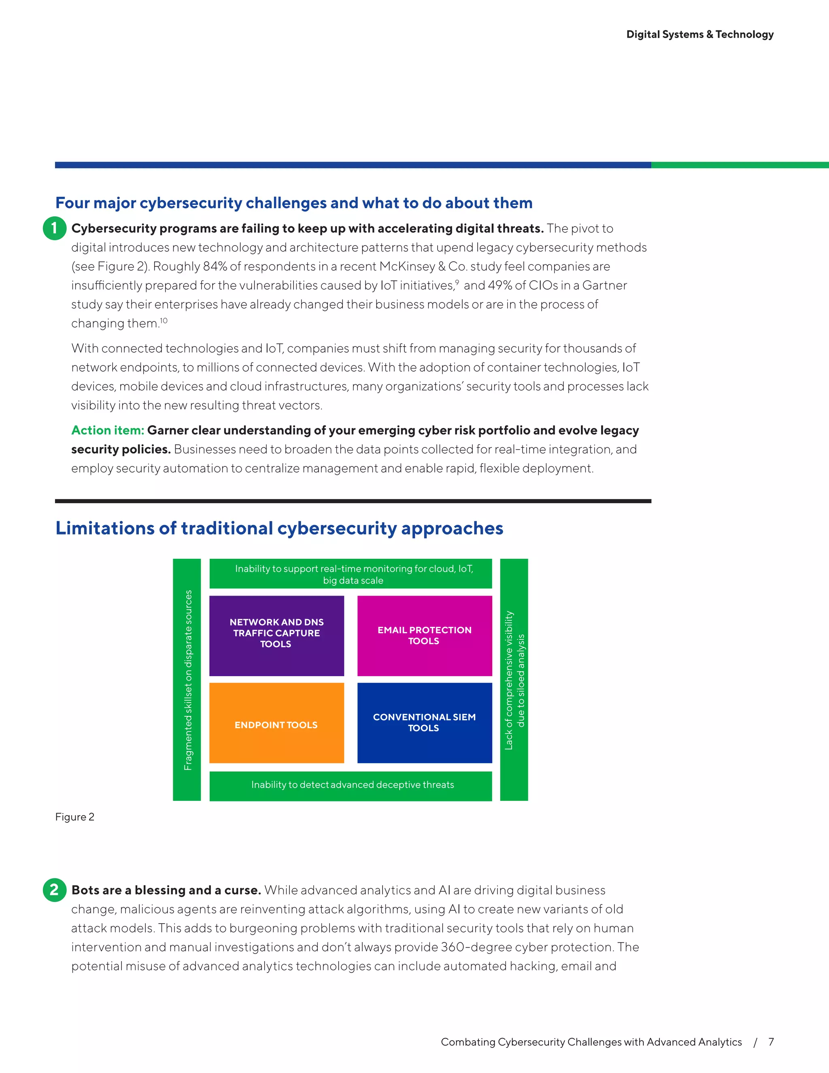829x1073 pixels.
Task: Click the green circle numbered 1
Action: pyautogui.click(x=55, y=228)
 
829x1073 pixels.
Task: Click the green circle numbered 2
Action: pyautogui.click(x=55, y=890)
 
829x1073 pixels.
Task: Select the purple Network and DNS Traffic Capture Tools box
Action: pyautogui.click(x=276, y=635)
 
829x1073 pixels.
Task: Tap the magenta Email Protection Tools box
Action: pyautogui.click(x=424, y=635)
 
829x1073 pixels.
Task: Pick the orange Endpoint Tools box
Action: pyautogui.click(x=276, y=723)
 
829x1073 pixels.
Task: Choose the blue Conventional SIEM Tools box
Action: pyautogui.click(x=424, y=723)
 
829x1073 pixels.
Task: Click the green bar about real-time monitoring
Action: pyautogui.click(x=351, y=574)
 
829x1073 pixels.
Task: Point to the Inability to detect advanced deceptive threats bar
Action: pyautogui.click(x=351, y=785)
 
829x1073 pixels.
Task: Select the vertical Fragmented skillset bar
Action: pyautogui.click(x=187, y=679)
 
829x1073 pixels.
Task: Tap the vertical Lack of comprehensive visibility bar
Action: pyautogui.click(x=514, y=679)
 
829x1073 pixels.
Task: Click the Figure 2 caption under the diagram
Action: pyautogui.click(x=74, y=817)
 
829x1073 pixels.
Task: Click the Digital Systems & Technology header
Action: pyautogui.click(x=700, y=34)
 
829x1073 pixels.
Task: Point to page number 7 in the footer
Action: pyautogui.click(x=771, y=1041)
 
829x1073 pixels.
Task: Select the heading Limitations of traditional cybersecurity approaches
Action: pyautogui.click(x=279, y=528)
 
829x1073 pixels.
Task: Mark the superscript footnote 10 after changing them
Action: pyautogui.click(x=164, y=321)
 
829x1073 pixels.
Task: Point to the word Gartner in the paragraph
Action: pyautogui.click(x=605, y=285)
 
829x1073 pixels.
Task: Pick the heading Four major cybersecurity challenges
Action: pyautogui.click(x=294, y=203)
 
